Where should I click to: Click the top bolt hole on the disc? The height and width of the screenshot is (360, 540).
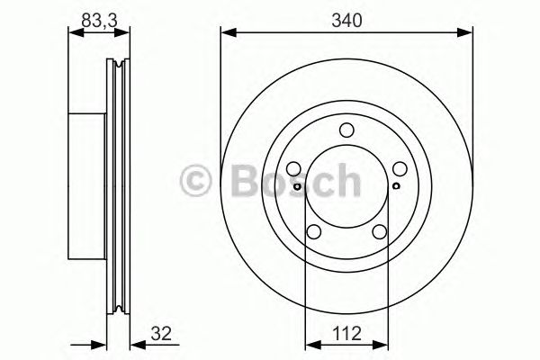[x=346, y=132]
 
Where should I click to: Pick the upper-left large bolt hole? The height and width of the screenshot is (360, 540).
[x=294, y=169]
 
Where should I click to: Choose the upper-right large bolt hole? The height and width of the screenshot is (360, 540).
[x=399, y=169]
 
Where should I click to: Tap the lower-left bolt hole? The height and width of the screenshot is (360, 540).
[x=314, y=232]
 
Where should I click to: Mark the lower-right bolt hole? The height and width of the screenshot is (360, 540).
[x=379, y=232]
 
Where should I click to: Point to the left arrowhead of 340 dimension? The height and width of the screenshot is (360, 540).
[x=227, y=33]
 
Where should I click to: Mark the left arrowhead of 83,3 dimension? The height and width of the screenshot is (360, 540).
[x=75, y=33]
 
